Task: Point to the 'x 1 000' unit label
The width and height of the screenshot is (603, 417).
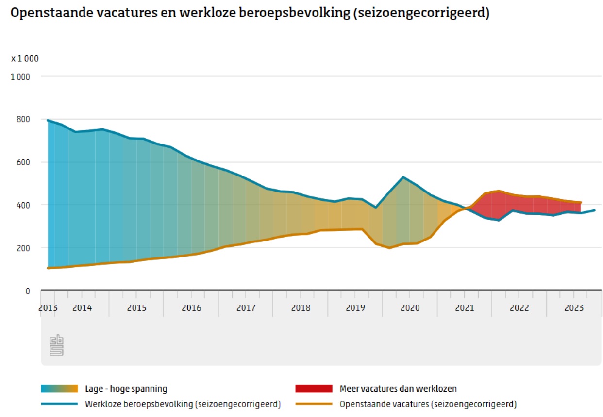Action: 25,59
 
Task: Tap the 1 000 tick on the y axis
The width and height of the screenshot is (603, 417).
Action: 20,77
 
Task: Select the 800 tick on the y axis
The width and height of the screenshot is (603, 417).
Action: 23,119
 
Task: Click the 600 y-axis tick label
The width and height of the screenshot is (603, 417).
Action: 23,162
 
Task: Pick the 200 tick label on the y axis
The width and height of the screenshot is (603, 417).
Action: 23,248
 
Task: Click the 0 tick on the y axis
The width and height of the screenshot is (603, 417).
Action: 27,291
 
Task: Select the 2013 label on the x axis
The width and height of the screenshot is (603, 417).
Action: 48,308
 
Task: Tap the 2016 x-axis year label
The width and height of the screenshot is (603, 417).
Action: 191,308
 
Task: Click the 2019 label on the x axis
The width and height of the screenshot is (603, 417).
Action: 355,308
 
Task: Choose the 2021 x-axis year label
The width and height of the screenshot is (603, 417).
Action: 464,308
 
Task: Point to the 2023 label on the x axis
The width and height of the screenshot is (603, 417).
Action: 574,308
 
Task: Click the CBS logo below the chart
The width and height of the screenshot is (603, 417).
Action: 57,345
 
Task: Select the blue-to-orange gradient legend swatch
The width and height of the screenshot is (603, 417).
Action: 60,389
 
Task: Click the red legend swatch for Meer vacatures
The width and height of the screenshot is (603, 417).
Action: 314,389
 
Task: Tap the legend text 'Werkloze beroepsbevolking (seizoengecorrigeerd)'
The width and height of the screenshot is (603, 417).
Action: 183,404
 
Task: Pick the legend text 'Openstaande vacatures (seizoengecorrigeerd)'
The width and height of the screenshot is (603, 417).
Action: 428,404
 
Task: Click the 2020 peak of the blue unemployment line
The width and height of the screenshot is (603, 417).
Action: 403,177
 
